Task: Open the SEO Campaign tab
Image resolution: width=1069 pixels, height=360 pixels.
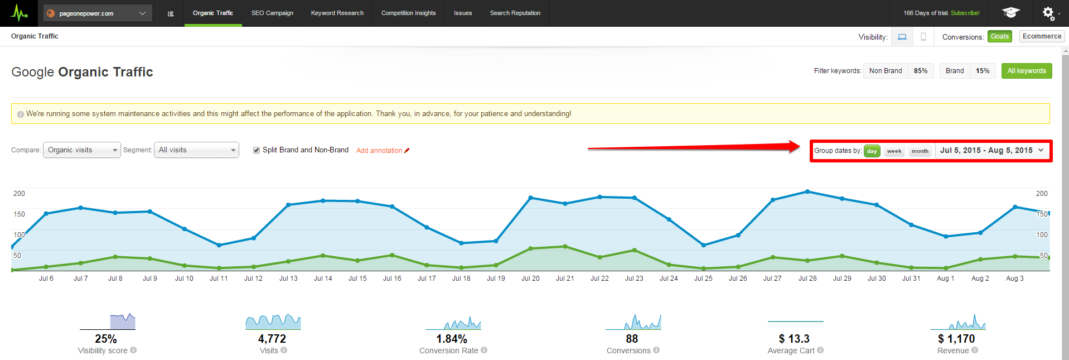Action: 272,13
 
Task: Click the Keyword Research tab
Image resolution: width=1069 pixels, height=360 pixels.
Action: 337,13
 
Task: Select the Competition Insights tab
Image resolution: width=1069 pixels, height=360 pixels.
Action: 408,13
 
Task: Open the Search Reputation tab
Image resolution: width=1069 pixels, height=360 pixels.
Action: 515,13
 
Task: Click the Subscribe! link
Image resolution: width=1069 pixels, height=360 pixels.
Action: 965,13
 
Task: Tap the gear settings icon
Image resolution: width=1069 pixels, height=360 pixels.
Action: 1048,12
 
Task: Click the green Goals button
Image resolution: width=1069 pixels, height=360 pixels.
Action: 999,36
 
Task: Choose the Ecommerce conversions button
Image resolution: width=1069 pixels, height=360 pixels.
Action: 1042,36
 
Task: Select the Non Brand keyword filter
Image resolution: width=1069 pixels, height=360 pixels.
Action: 885,71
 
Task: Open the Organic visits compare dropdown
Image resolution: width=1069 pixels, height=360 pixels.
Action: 82,150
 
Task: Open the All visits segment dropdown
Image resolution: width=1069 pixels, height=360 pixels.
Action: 196,150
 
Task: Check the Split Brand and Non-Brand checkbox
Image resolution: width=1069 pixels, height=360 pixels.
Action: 257,150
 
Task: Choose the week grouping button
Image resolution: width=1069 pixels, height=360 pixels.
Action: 894,151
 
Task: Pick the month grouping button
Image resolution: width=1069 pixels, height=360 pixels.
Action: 920,151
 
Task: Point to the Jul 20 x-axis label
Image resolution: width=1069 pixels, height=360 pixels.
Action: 530,279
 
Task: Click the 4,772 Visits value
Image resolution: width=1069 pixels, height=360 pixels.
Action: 272,339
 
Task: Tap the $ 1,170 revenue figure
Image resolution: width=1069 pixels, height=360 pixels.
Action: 956,339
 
